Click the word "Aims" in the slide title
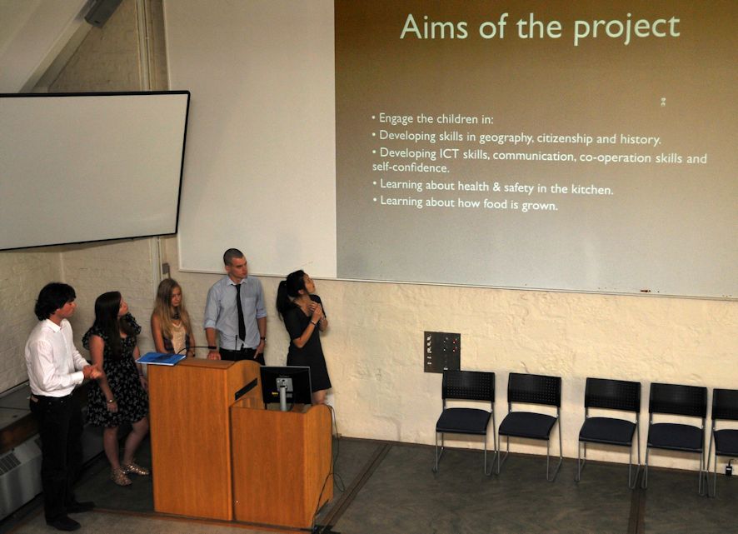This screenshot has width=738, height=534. (x=433, y=27)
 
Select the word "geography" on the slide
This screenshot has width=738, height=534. (x=506, y=137)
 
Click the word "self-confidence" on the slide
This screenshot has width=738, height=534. (x=411, y=167)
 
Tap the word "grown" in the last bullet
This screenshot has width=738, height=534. (x=540, y=205)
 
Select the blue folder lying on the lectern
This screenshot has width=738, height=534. (x=161, y=358)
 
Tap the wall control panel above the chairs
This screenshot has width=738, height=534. (x=442, y=352)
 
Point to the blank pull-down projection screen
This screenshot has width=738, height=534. (x=90, y=169)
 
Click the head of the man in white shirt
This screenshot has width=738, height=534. (x=55, y=301)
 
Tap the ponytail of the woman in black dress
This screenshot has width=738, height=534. (x=284, y=299)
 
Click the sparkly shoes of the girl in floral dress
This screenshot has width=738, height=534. (x=128, y=473)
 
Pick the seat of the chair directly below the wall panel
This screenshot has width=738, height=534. (x=464, y=420)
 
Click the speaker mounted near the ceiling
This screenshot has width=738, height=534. (x=103, y=12)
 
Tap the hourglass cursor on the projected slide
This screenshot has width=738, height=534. (x=663, y=102)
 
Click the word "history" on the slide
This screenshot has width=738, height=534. (x=640, y=139)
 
